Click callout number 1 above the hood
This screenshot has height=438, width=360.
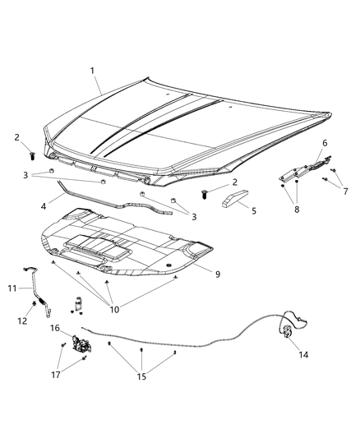[94, 71]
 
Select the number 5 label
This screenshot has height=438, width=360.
[253, 210]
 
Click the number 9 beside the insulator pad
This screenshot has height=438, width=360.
[218, 274]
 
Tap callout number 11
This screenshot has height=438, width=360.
[12, 288]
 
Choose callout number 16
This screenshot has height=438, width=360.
[55, 328]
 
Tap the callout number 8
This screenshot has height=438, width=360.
[296, 209]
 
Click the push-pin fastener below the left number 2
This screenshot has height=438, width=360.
[32, 153]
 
